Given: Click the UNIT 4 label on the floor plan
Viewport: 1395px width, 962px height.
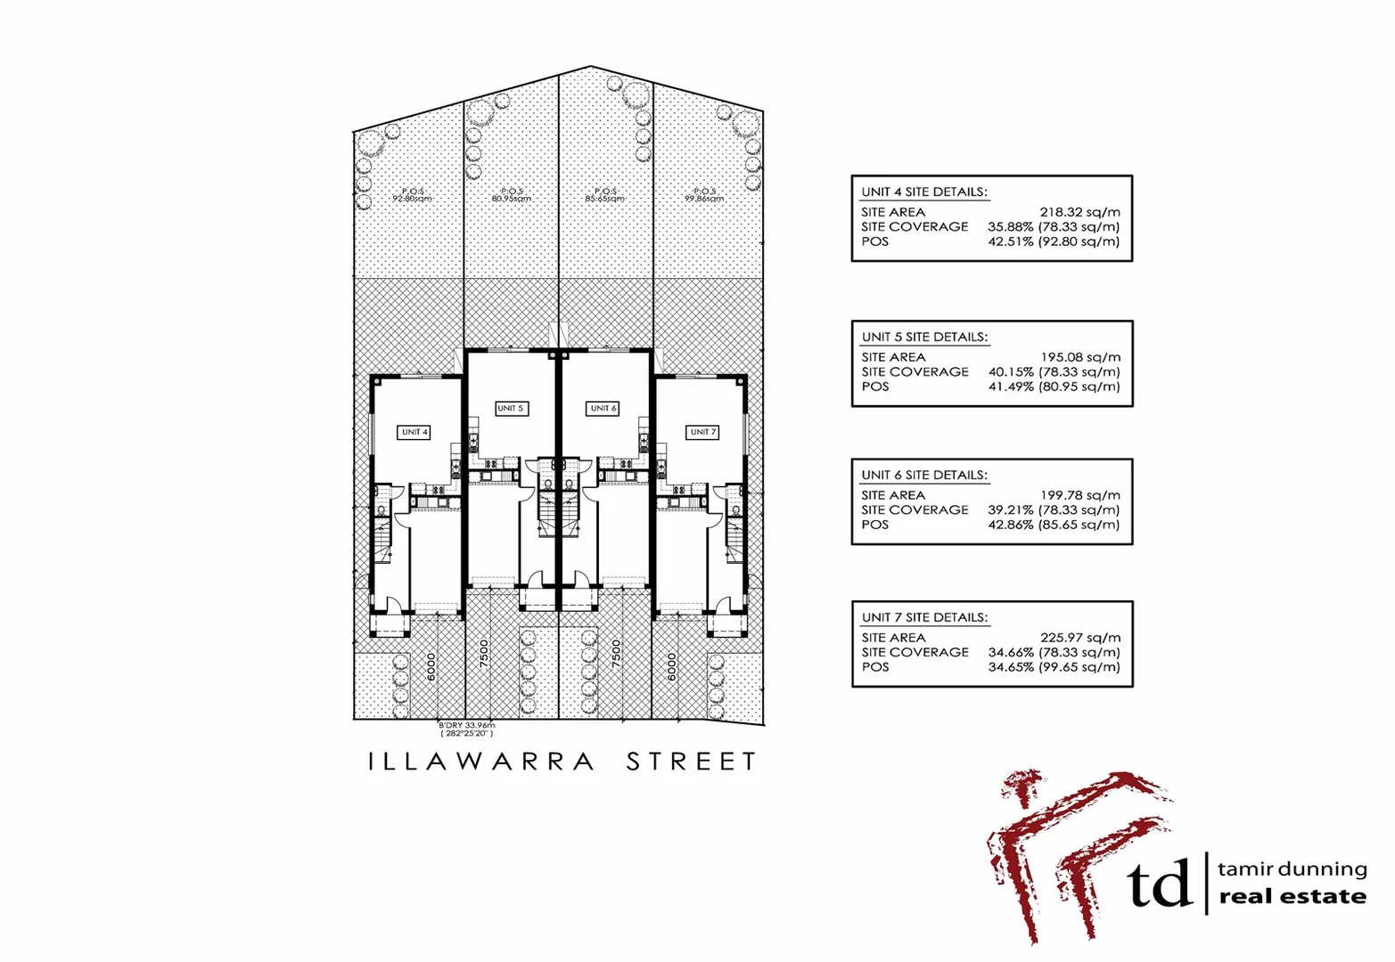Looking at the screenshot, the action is (414, 432).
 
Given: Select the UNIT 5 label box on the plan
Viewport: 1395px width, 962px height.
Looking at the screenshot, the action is (511, 408).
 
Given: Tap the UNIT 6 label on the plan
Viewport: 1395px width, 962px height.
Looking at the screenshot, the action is (603, 408).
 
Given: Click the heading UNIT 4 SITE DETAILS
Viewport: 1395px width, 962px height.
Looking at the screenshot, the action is (924, 192).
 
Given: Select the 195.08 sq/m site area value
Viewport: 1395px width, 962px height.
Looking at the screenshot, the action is (1080, 357).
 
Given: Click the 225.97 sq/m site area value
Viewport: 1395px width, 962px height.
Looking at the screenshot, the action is (1080, 638).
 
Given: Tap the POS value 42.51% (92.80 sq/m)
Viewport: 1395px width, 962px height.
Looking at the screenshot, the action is (1054, 241).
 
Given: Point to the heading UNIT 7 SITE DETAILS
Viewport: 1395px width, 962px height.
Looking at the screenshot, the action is (924, 617).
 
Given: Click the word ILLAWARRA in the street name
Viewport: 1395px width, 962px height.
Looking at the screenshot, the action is (481, 762).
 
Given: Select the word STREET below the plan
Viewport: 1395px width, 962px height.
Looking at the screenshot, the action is (692, 762).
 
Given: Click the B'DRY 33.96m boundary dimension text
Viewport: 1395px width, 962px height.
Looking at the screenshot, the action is (466, 725).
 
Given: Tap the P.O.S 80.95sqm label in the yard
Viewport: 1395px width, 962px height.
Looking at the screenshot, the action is (512, 195).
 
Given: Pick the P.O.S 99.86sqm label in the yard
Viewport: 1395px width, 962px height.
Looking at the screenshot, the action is (704, 195).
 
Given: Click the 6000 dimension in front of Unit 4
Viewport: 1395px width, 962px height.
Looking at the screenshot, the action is (431, 667).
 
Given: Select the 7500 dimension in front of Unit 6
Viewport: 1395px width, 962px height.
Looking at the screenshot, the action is (616, 654).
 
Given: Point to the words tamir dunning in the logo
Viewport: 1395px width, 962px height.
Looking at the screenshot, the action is (1292, 868).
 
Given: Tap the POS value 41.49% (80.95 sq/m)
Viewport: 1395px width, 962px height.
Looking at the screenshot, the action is (1054, 387).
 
